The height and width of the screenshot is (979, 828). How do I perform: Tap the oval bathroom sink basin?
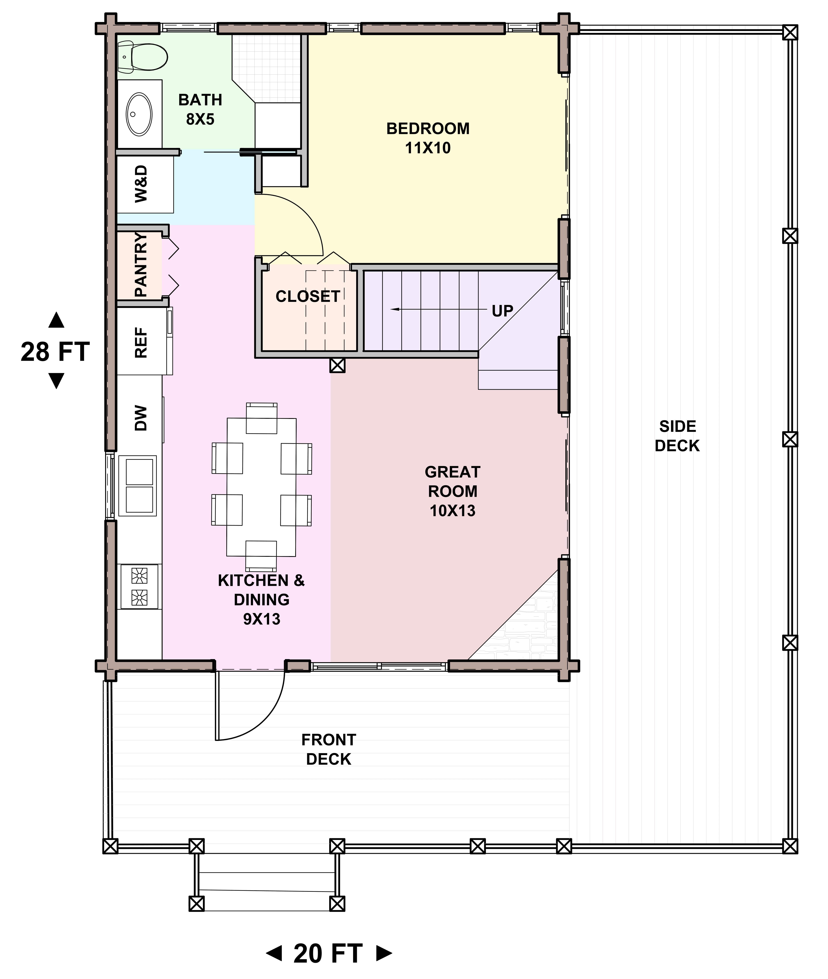(x=139, y=114)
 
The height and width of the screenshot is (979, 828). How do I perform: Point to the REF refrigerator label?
(x=141, y=343)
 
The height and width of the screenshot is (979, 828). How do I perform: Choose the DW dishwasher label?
(x=141, y=418)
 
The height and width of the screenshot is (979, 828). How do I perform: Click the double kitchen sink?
(x=138, y=486)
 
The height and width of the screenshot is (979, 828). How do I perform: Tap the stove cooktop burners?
(x=139, y=586)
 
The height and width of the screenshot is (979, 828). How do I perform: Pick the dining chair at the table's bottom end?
(x=261, y=555)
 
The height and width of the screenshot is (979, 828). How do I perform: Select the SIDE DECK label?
(x=677, y=436)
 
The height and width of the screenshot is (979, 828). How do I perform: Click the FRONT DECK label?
(x=329, y=749)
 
